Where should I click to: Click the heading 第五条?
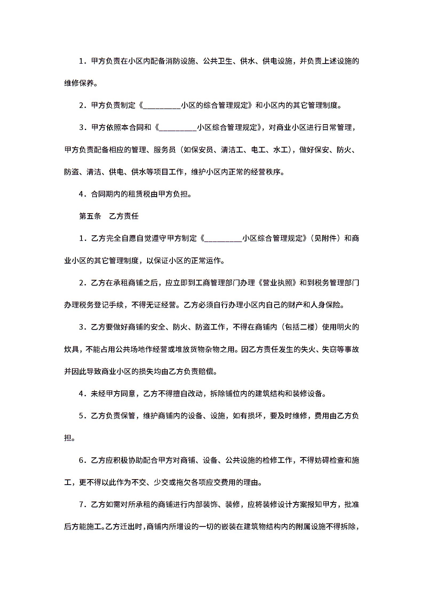[x=90, y=216]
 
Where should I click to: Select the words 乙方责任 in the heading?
[x=124, y=216]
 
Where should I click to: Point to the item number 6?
[x=82, y=460]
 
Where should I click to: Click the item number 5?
[x=82, y=416]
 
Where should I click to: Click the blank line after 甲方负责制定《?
[x=162, y=106]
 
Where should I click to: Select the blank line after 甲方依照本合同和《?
[x=178, y=128]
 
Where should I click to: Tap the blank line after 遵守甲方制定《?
[x=223, y=238]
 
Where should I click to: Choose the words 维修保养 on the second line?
[x=79, y=83]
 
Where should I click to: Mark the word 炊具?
[x=71, y=349]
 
